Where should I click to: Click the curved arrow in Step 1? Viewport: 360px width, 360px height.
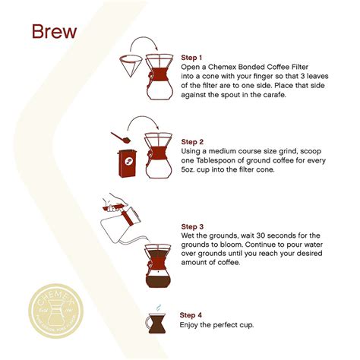point(147,43)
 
